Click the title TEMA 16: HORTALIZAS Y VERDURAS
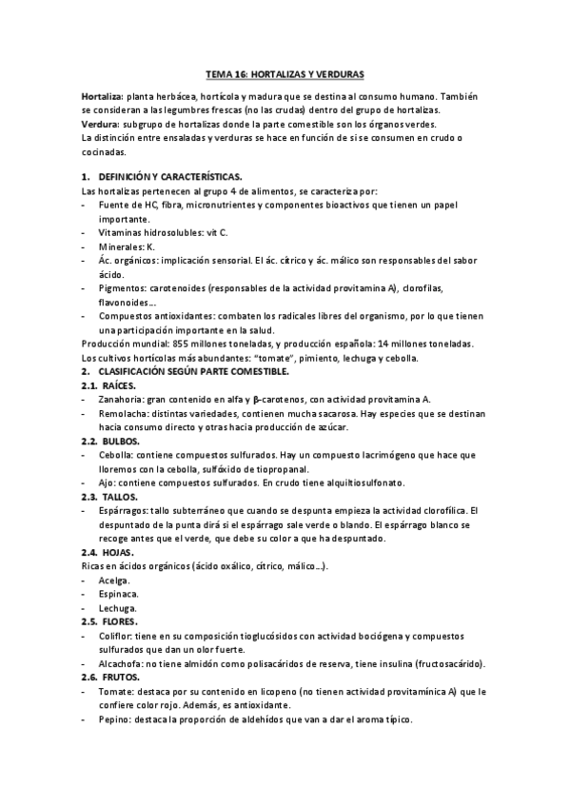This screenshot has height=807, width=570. pyautogui.click(x=285, y=72)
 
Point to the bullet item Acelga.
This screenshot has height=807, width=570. pyautogui.click(x=114, y=581)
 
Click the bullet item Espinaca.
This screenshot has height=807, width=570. pyautogui.click(x=118, y=594)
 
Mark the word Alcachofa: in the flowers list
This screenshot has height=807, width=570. pyautogui.click(x=124, y=663)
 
